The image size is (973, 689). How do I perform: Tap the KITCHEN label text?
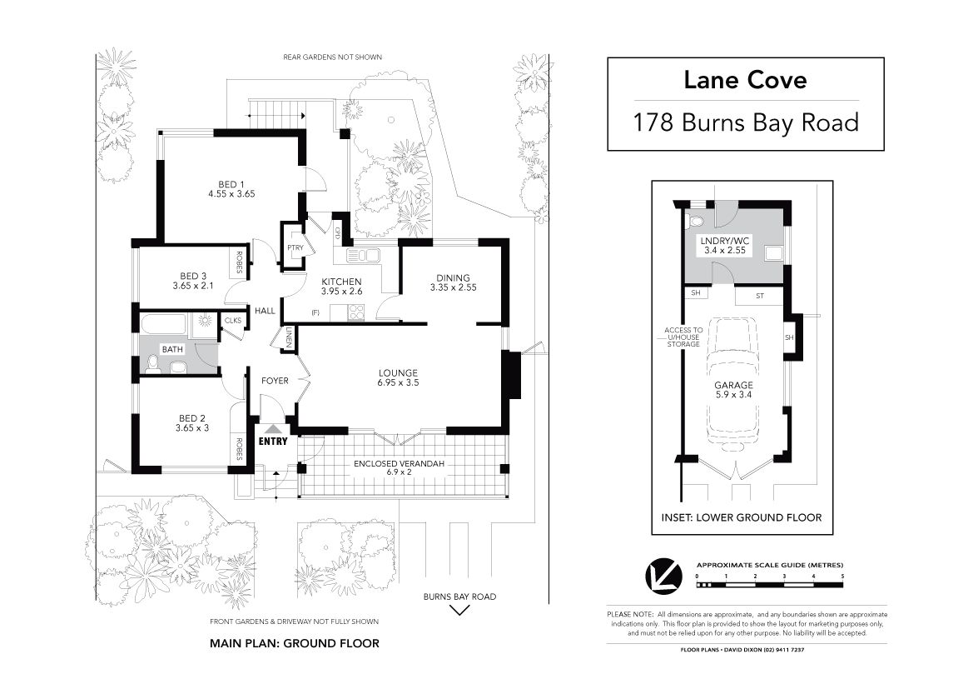pos(341,282)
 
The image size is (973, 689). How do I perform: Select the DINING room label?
pos(453,278)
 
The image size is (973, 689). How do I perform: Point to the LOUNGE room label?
pos(398,373)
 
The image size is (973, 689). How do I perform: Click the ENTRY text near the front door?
pos(273,441)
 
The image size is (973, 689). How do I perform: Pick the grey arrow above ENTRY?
pos(273,428)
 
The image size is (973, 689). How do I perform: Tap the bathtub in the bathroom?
pos(163,325)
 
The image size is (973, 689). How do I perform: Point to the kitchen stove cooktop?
pos(355,312)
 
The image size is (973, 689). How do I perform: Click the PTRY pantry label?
pos(295,248)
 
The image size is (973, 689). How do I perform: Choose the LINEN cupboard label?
pos(289,339)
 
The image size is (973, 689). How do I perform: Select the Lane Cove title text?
pos(745,80)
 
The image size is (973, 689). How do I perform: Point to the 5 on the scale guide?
pos(842,577)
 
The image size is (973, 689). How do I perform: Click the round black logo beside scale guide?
pos(663,577)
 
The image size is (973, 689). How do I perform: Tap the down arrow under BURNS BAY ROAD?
pos(459,610)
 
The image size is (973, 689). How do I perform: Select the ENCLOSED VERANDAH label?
pos(399,463)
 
